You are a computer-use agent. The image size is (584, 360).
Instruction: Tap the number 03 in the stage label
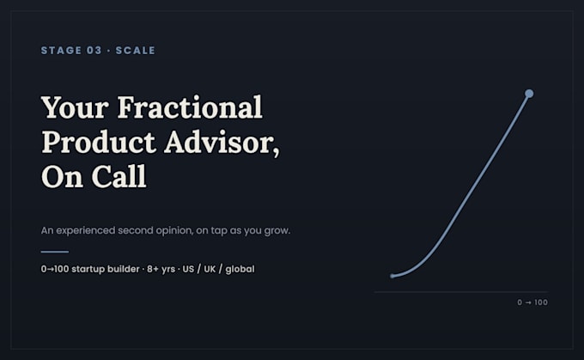pyautogui.click(x=94, y=51)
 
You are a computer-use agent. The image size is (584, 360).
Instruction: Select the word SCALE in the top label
pyautogui.click(x=135, y=51)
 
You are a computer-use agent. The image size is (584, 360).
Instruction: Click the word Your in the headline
pyautogui.click(x=75, y=107)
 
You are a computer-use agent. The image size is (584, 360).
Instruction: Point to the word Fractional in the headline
pyautogui.click(x=190, y=107)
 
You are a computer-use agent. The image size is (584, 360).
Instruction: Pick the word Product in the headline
pyautogui.click(x=99, y=142)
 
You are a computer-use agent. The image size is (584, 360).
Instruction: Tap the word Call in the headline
pyautogui.click(x=119, y=176)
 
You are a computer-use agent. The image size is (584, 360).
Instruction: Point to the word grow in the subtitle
pyautogui.click(x=277, y=230)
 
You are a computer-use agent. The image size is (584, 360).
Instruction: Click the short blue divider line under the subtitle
pyautogui.click(x=55, y=252)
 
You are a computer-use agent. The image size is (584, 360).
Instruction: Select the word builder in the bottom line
pyautogui.click(x=124, y=269)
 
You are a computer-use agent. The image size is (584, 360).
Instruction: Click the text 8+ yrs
pyautogui.click(x=161, y=269)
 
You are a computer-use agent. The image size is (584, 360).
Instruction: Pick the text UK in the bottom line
pyautogui.click(x=210, y=269)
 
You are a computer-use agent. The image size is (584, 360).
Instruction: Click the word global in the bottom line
pyautogui.click(x=240, y=269)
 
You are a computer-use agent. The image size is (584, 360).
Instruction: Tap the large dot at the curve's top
pyautogui.click(x=529, y=94)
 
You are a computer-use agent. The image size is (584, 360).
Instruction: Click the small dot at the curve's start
pyautogui.click(x=392, y=276)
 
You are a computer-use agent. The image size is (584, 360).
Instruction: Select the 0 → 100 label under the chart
pyautogui.click(x=532, y=302)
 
